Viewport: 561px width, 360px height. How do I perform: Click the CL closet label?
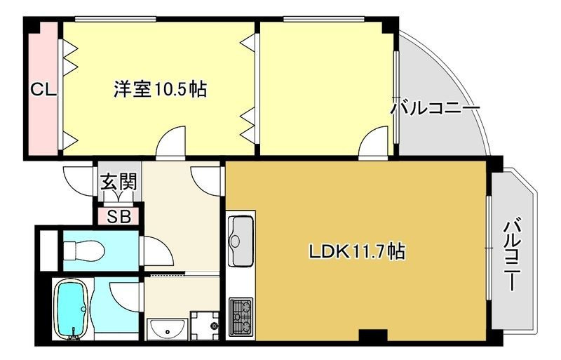[x=43, y=89]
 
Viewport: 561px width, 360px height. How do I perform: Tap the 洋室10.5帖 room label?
[x=160, y=89]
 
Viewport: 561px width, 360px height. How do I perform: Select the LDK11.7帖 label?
[x=357, y=251]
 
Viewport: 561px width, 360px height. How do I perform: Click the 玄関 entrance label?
[x=119, y=182]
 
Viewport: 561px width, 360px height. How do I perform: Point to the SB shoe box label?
[x=119, y=217]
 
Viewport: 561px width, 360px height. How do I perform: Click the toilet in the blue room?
[x=84, y=251]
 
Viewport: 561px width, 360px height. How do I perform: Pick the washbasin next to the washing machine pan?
[x=167, y=329]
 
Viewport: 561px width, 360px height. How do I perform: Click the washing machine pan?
[x=204, y=325]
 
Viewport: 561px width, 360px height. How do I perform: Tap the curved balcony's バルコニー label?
[x=435, y=109]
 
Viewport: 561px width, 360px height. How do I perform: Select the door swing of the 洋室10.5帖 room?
[x=171, y=141]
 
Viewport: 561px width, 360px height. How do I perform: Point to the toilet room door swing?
[x=157, y=251]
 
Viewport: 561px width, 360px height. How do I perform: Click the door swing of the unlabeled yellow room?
[x=373, y=141]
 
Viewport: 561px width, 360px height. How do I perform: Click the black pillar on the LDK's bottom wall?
[x=373, y=335]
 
